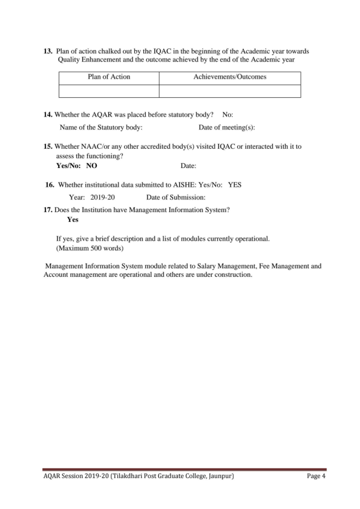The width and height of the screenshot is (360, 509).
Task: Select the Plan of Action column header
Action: [109, 77]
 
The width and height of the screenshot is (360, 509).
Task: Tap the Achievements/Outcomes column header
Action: [229, 77]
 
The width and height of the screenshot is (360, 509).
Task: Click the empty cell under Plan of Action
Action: [109, 91]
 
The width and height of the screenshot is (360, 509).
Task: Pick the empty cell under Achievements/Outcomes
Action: [229, 91]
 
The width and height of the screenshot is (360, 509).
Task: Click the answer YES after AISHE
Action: [235, 184]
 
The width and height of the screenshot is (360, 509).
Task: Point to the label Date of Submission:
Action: [176, 197]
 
